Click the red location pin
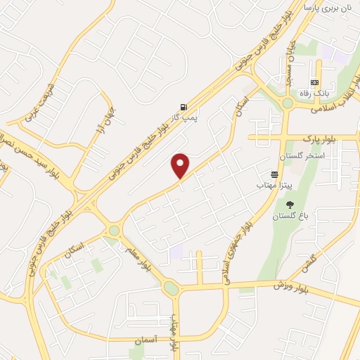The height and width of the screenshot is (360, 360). tap(181, 165)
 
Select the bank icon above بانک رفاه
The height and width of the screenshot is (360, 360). tap(314, 82)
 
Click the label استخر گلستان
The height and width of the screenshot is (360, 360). tap(300, 155)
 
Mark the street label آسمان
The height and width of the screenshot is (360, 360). tap(164, 340)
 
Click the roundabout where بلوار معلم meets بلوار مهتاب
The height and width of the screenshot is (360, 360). tap(171, 288)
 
